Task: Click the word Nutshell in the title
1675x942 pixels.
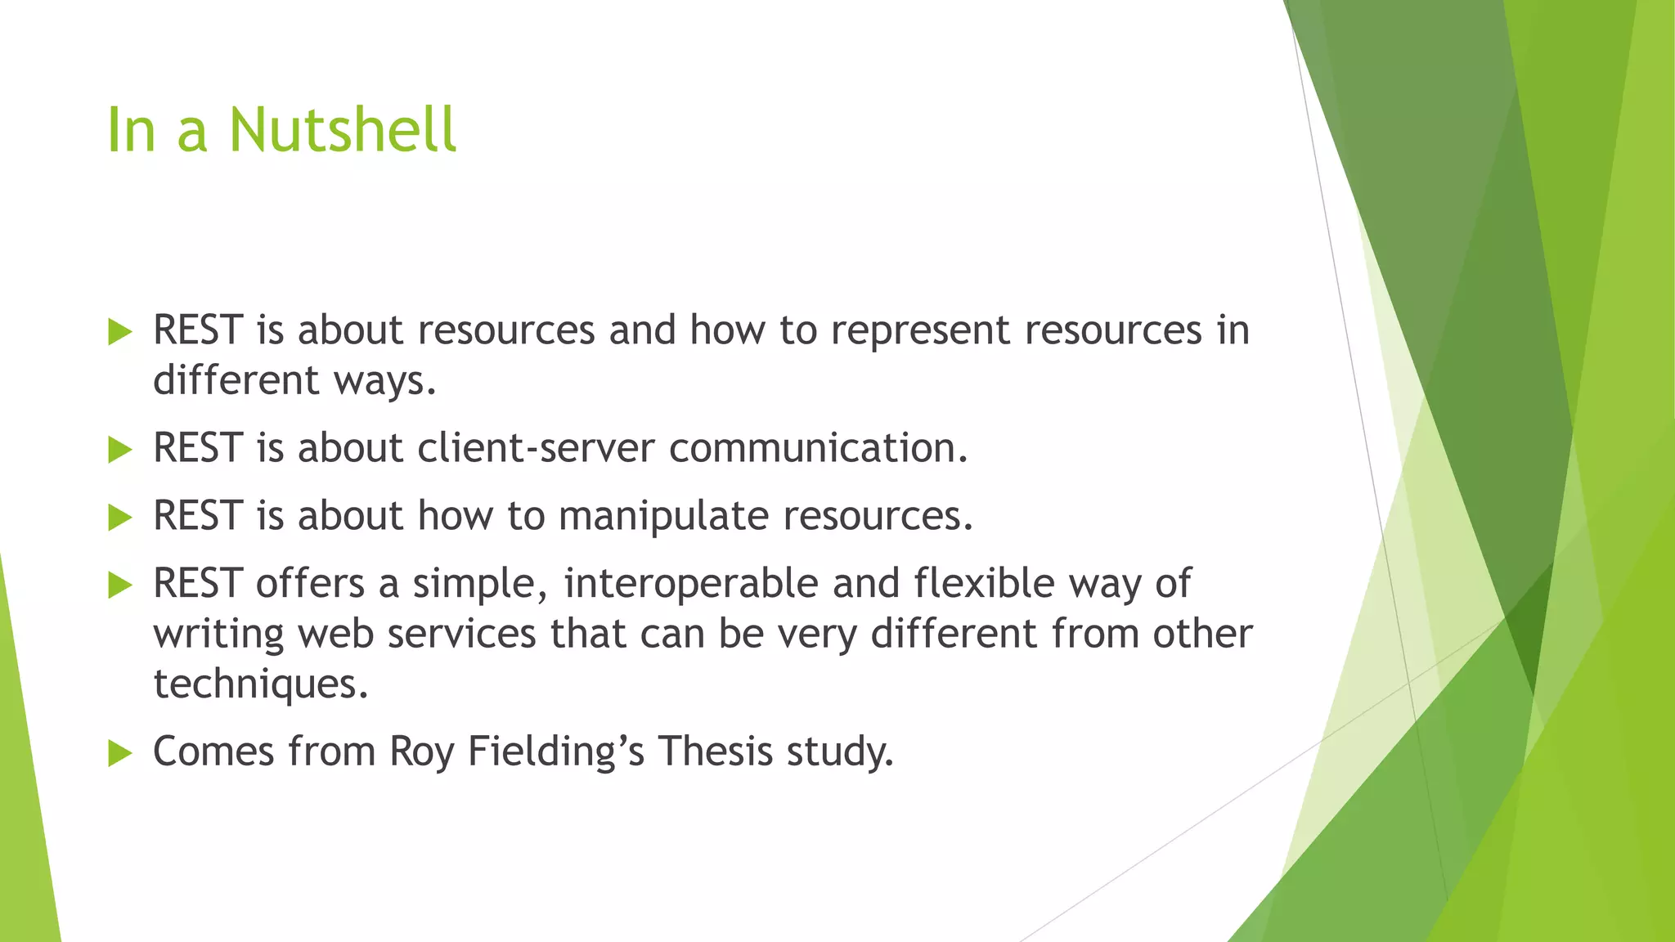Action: (x=342, y=130)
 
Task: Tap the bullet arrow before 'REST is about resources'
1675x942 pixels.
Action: (x=119, y=332)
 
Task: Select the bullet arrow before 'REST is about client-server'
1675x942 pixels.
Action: (x=119, y=450)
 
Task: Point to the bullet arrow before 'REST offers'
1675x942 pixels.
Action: (x=119, y=585)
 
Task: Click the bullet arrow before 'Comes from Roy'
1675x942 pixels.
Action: (x=119, y=753)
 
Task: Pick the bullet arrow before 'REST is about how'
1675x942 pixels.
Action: (x=119, y=518)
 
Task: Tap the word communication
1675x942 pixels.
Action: (x=818, y=448)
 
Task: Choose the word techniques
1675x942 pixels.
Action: (x=260, y=684)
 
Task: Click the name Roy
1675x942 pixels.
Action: (x=421, y=752)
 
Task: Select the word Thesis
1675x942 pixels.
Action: (x=715, y=751)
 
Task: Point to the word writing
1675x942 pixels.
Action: (x=218, y=635)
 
